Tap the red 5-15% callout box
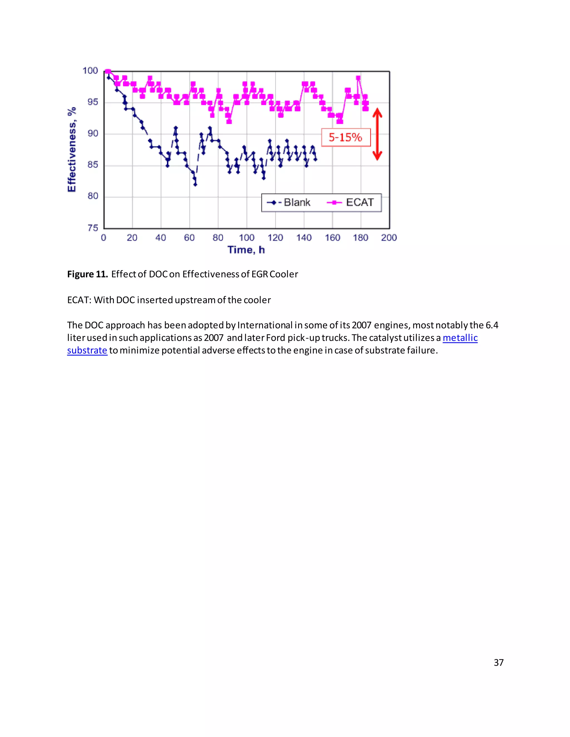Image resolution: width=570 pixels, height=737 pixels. (x=345, y=137)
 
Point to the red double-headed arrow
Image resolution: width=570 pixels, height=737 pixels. (x=377, y=134)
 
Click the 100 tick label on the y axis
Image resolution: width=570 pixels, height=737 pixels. (x=90, y=71)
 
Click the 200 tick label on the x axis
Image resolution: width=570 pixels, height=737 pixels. (x=389, y=238)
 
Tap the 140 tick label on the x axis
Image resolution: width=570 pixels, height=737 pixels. (x=304, y=238)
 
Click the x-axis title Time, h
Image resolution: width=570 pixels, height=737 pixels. (x=246, y=250)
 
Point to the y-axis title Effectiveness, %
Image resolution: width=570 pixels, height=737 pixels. (x=72, y=150)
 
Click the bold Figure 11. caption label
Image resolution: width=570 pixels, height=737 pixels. (x=87, y=274)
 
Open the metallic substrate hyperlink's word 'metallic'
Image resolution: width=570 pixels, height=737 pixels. (x=460, y=338)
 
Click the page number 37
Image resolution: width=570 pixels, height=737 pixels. (x=498, y=662)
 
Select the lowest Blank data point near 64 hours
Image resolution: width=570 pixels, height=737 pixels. (x=195, y=184)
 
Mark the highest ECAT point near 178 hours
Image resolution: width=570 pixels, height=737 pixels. (x=358, y=78)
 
